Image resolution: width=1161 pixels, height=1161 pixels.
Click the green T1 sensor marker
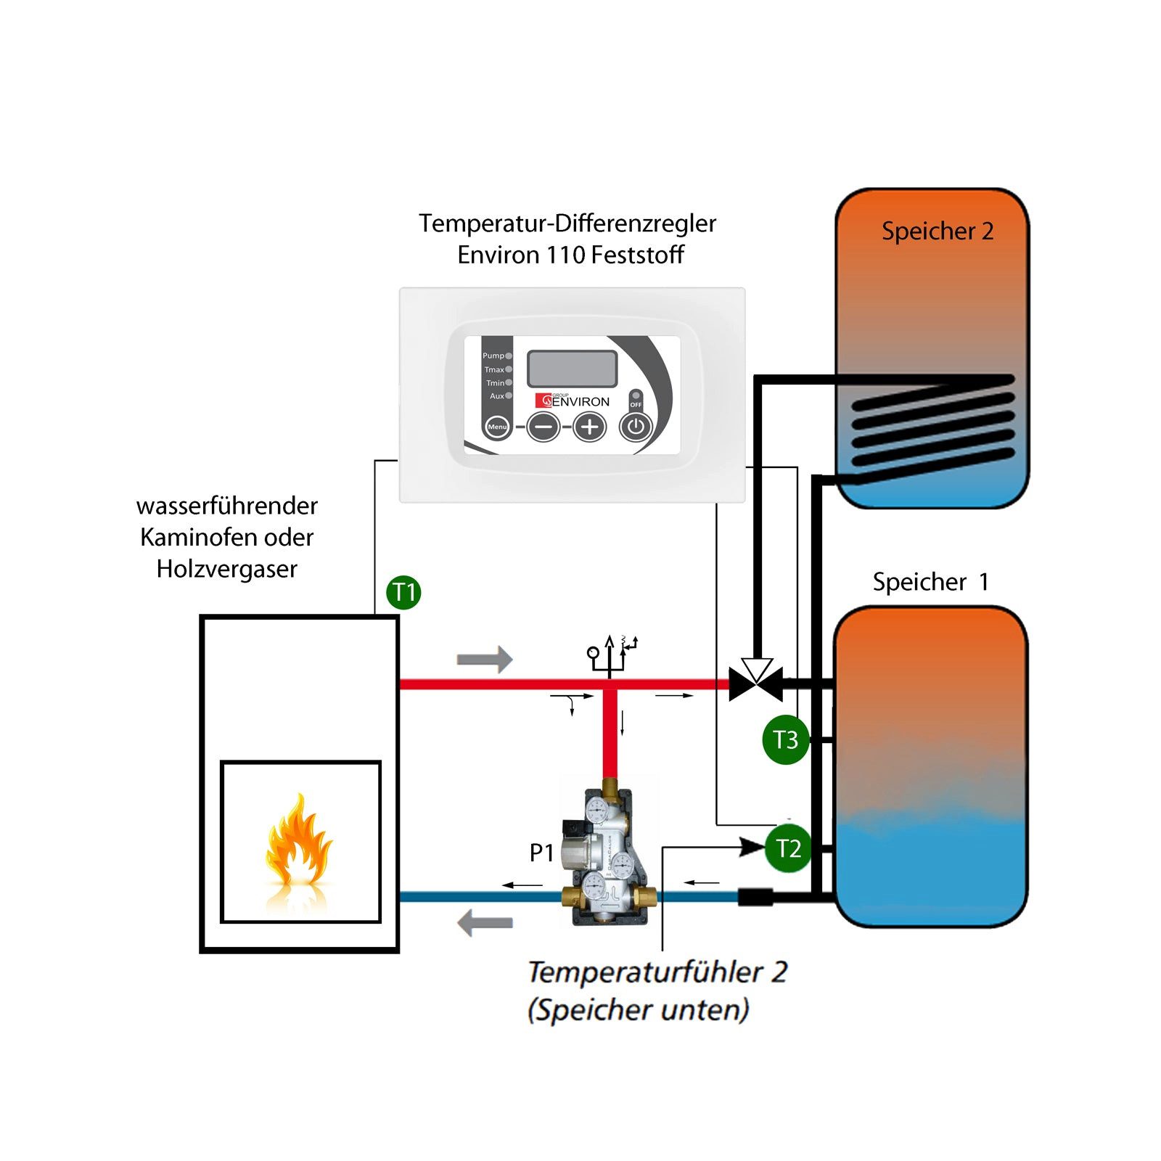(x=403, y=592)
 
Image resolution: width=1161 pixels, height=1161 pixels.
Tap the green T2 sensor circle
(x=788, y=848)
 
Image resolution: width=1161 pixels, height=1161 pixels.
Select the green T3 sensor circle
(x=786, y=740)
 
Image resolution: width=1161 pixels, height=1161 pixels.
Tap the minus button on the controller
(x=543, y=427)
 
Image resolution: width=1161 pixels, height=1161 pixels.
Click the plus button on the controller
(x=589, y=427)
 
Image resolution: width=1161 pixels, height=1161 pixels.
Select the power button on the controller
(x=636, y=427)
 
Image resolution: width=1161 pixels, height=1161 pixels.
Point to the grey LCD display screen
(x=572, y=369)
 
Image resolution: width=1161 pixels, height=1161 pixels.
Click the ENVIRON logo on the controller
(x=573, y=401)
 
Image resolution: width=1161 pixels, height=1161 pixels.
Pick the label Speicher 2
(x=937, y=231)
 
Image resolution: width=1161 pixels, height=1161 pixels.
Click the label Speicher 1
(x=930, y=582)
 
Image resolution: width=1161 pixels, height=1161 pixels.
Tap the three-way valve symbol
(x=756, y=682)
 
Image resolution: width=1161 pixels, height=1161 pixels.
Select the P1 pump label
(x=541, y=853)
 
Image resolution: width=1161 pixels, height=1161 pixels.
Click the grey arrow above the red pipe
(x=484, y=659)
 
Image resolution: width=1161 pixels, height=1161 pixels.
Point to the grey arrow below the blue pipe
(x=485, y=923)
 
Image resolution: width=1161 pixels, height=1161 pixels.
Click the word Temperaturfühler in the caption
(x=644, y=972)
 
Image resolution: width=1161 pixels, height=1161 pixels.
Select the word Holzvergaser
(x=226, y=569)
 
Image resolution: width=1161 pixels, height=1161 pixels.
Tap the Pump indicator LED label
(x=493, y=356)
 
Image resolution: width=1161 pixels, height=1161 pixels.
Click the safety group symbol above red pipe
(x=611, y=653)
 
